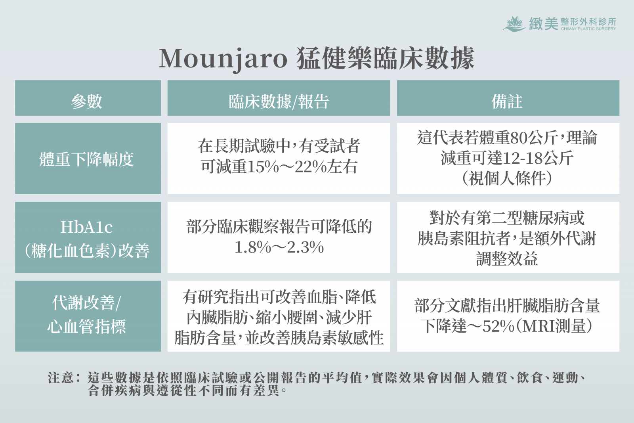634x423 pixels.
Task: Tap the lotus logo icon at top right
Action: (514, 24)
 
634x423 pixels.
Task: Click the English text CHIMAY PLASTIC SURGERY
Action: (588, 29)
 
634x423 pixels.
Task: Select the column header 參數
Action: (87, 101)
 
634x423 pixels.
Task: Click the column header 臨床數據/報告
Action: (279, 101)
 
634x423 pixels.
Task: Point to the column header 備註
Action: (507, 101)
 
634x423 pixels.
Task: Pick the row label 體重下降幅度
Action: (87, 159)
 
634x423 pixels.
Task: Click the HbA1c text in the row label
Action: (87, 227)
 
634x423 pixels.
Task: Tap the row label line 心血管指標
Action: (87, 326)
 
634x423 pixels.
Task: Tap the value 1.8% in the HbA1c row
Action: (253, 247)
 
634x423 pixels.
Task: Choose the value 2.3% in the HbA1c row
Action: (306, 247)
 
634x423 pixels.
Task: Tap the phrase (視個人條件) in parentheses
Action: (507, 178)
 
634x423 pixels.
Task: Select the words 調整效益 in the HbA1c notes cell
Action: (507, 258)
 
